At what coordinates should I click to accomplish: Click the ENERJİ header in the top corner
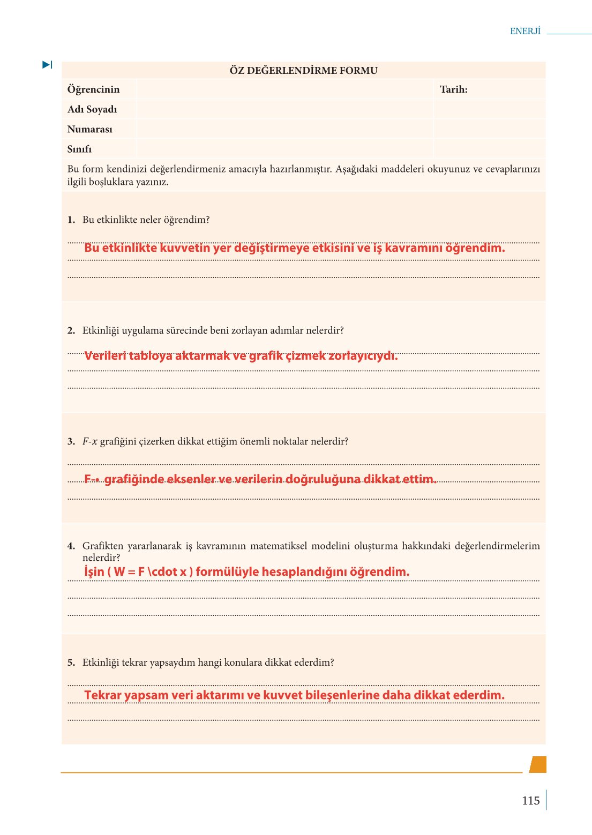point(525,31)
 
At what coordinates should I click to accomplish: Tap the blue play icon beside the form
point(47,65)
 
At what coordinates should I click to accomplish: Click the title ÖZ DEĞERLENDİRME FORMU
point(303,71)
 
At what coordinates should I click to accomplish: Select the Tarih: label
point(453,89)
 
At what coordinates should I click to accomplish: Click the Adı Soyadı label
point(92,109)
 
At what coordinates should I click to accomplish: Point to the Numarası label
point(90,129)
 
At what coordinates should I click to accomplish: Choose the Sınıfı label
point(79,149)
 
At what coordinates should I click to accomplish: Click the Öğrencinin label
point(93,89)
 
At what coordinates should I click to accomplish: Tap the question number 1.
point(71,220)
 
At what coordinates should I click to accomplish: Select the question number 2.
point(71,330)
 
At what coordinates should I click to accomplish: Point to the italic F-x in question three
point(89,442)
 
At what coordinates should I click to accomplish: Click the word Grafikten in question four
point(102,546)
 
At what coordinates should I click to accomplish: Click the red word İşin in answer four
point(94,572)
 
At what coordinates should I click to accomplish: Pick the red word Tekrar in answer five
point(103,695)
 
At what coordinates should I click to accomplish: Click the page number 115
point(530,801)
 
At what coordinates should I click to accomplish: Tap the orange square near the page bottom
point(538,764)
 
